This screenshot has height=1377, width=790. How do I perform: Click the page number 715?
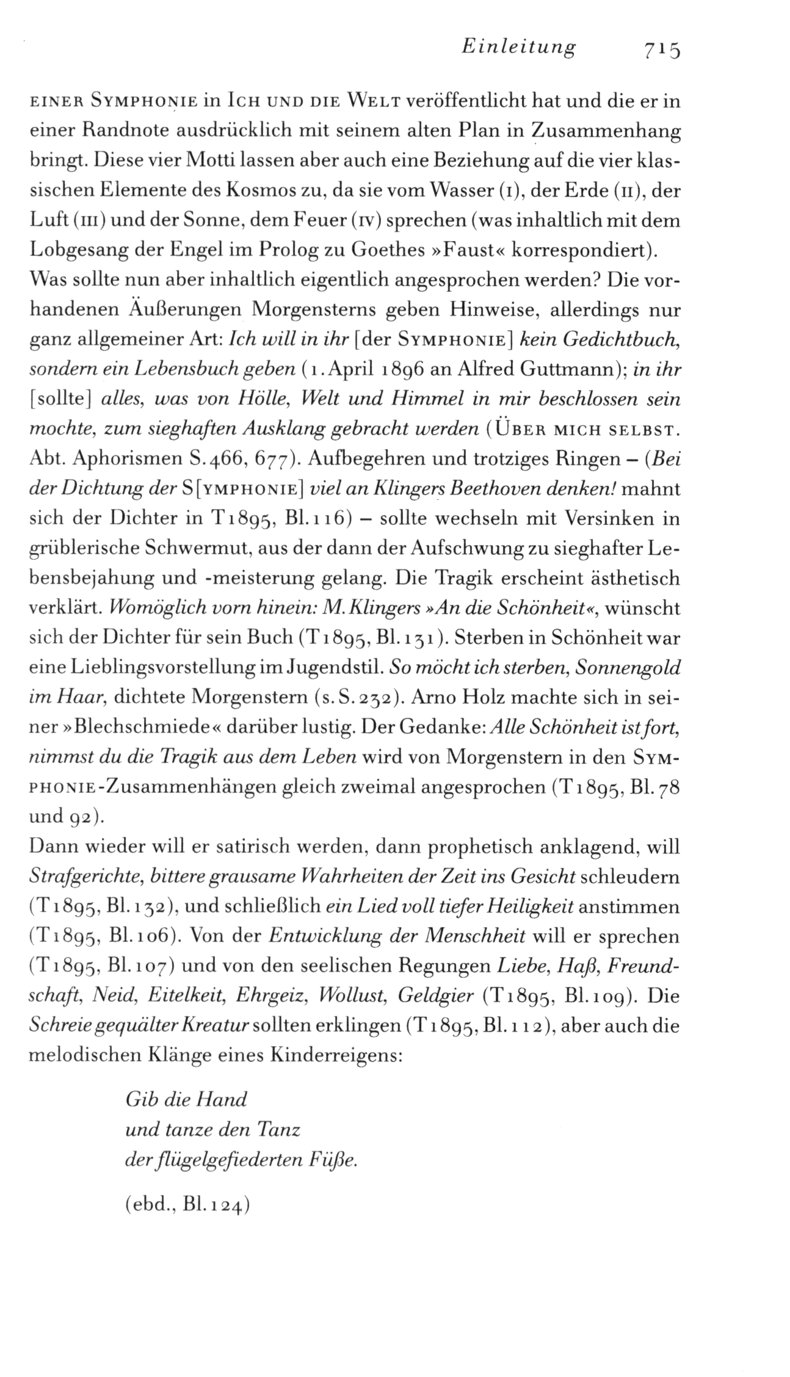(659, 49)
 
